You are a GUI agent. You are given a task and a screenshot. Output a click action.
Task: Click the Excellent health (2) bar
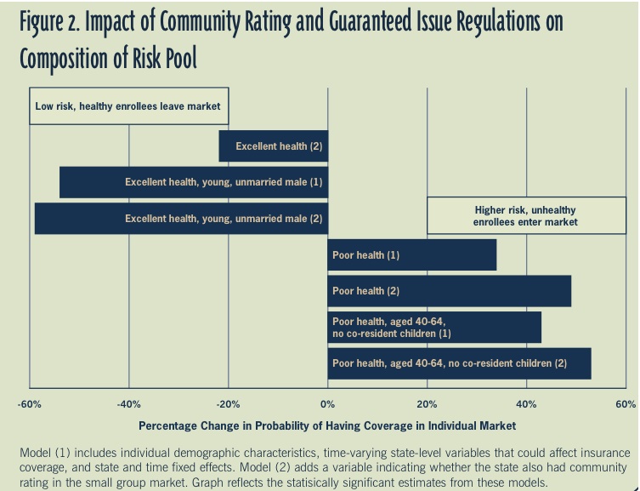coord(274,146)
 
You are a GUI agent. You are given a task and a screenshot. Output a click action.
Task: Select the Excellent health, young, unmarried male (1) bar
coord(194,182)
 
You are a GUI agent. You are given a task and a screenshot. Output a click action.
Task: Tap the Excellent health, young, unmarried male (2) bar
coord(181,219)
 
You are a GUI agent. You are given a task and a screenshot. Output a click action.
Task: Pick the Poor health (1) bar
coord(412,254)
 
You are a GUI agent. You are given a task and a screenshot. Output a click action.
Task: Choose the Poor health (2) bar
coord(450,291)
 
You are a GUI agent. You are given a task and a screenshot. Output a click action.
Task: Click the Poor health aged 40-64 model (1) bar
coord(434,328)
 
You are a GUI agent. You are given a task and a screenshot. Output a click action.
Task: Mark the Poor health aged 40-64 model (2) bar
coord(459,363)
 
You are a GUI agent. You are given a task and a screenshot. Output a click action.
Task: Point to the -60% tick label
coord(29,404)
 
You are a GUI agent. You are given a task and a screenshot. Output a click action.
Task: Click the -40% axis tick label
coord(128,404)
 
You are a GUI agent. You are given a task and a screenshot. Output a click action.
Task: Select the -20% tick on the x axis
coord(228,404)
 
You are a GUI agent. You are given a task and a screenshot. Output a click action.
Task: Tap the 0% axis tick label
coord(328,404)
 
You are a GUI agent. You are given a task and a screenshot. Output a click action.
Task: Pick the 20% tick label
coord(428,404)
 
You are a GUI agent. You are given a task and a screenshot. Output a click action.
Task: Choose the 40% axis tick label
coord(527,404)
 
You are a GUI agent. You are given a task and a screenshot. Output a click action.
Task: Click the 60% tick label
coord(626,404)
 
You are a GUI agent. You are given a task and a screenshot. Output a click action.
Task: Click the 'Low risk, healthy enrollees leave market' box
coord(128,106)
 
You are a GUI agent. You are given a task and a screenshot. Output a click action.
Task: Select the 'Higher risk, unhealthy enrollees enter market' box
coord(525,215)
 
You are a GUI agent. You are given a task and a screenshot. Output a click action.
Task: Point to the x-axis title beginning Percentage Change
coord(327,425)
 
